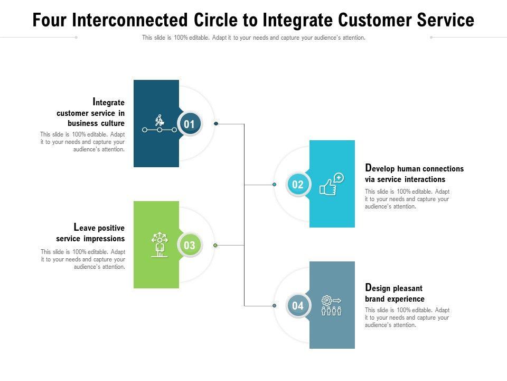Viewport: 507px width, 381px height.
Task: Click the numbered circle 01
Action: pos(190,124)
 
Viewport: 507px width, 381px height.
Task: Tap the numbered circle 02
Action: pos(298,185)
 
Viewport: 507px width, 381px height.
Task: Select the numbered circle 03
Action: pos(190,246)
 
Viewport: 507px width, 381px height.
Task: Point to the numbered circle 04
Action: pos(298,306)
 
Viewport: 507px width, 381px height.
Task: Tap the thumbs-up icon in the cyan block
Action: pos(331,185)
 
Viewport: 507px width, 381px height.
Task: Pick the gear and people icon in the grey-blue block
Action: pos(331,306)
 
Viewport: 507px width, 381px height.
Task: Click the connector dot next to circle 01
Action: pos(216,124)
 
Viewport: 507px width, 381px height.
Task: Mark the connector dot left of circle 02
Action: pos(275,185)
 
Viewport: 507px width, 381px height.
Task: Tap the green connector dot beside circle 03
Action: pos(215,246)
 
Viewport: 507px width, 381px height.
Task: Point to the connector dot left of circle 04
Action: pos(275,306)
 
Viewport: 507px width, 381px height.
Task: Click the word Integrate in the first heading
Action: pos(109,102)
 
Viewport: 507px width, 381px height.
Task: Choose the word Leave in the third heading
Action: pos(85,228)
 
